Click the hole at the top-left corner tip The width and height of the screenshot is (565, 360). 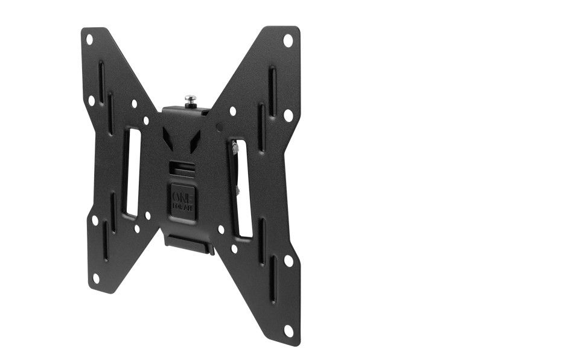pyautogui.click(x=89, y=40)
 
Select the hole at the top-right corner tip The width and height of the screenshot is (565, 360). pyautogui.click(x=288, y=40)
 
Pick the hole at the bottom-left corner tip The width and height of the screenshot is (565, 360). pyautogui.click(x=95, y=278)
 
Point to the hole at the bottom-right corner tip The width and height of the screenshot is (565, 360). pyautogui.click(x=289, y=330)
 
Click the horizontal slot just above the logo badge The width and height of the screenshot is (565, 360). pyautogui.click(x=181, y=166)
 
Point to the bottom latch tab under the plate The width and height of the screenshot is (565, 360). pyautogui.click(x=188, y=243)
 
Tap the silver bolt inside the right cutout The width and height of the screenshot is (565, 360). pyautogui.click(x=233, y=147)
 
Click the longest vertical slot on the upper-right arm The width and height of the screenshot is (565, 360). pyautogui.click(x=272, y=91)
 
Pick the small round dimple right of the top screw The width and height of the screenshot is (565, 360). pyautogui.click(x=219, y=127)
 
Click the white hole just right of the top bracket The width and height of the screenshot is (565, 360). pyautogui.click(x=232, y=111)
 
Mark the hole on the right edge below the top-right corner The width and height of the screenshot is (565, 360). pyautogui.click(x=289, y=115)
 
